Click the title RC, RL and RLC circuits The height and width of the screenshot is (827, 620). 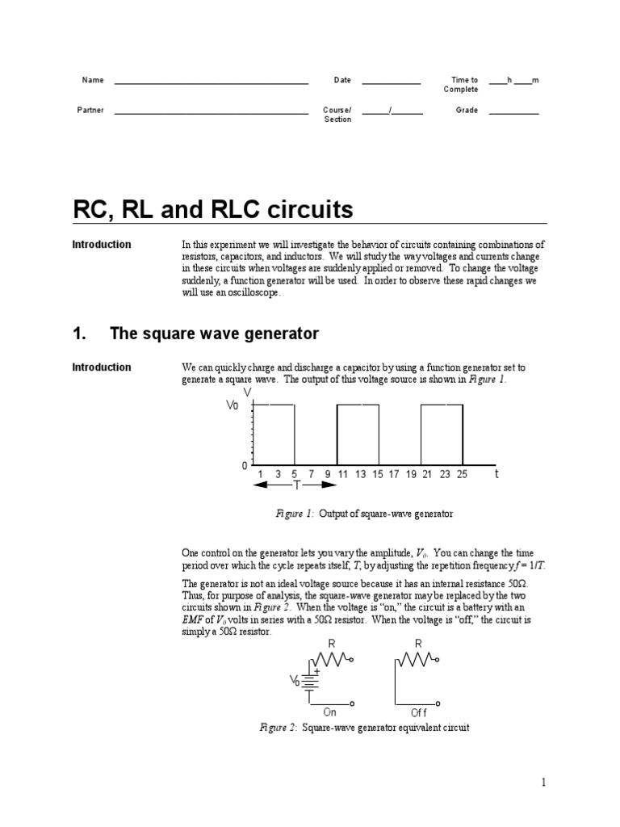click(212, 211)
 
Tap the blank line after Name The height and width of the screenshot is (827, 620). click(211, 82)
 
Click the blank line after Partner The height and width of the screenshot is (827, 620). click(211, 112)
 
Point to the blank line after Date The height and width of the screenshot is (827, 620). click(391, 82)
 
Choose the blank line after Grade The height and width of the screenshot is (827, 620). click(513, 112)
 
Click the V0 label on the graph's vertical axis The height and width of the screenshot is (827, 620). click(232, 406)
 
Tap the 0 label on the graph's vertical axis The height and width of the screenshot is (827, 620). click(243, 466)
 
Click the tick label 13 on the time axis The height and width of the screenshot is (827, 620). click(360, 475)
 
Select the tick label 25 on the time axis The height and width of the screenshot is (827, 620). click(462, 475)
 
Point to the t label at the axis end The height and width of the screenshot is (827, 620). click(496, 475)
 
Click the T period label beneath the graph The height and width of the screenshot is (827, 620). click(296, 485)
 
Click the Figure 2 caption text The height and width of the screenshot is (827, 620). click(363, 728)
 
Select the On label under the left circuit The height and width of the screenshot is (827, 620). click(329, 712)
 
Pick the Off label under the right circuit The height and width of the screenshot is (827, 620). click(418, 712)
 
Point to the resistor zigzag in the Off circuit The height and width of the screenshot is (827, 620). click(418, 660)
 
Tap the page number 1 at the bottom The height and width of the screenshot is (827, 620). click(544, 782)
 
